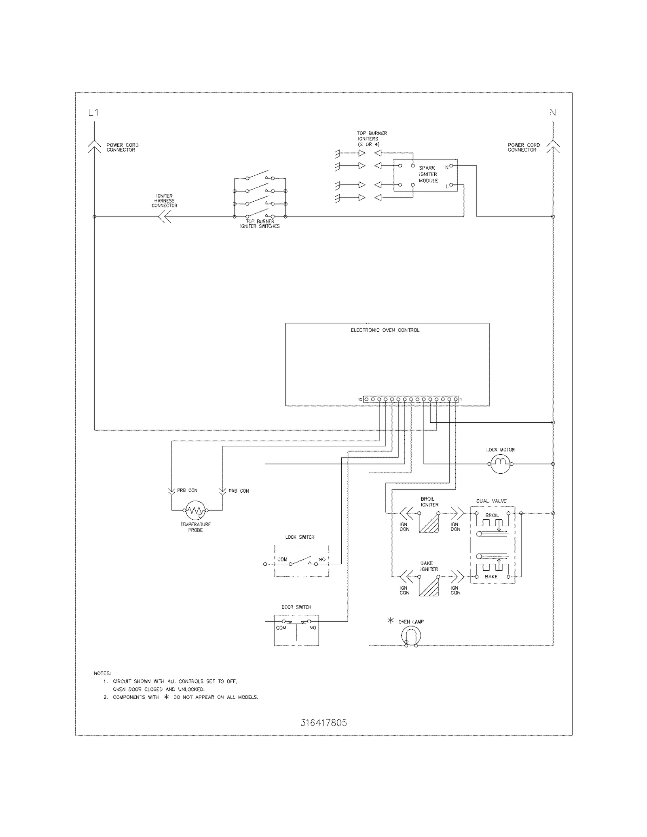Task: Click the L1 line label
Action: point(93,113)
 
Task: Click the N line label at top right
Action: point(552,113)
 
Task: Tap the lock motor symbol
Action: point(500,464)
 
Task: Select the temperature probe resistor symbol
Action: point(196,510)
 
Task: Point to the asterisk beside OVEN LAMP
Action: point(390,620)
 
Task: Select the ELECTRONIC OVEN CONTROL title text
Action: point(385,330)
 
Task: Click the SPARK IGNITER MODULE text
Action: point(428,174)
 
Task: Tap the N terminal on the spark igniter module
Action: point(451,166)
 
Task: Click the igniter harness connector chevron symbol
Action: point(164,217)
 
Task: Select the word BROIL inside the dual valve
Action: point(492,515)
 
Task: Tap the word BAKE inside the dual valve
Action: point(491,577)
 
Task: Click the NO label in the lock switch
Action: point(322,560)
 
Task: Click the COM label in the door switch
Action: point(281,628)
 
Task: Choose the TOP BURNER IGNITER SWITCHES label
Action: point(260,224)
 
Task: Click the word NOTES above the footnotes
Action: point(102,673)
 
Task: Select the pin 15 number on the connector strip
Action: point(360,399)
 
